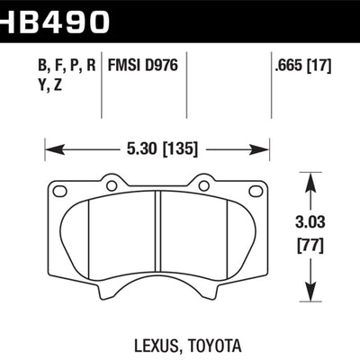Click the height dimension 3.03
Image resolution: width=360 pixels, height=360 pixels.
pyautogui.click(x=310, y=220)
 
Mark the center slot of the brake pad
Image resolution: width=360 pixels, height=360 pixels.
pyautogui.click(x=157, y=238)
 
